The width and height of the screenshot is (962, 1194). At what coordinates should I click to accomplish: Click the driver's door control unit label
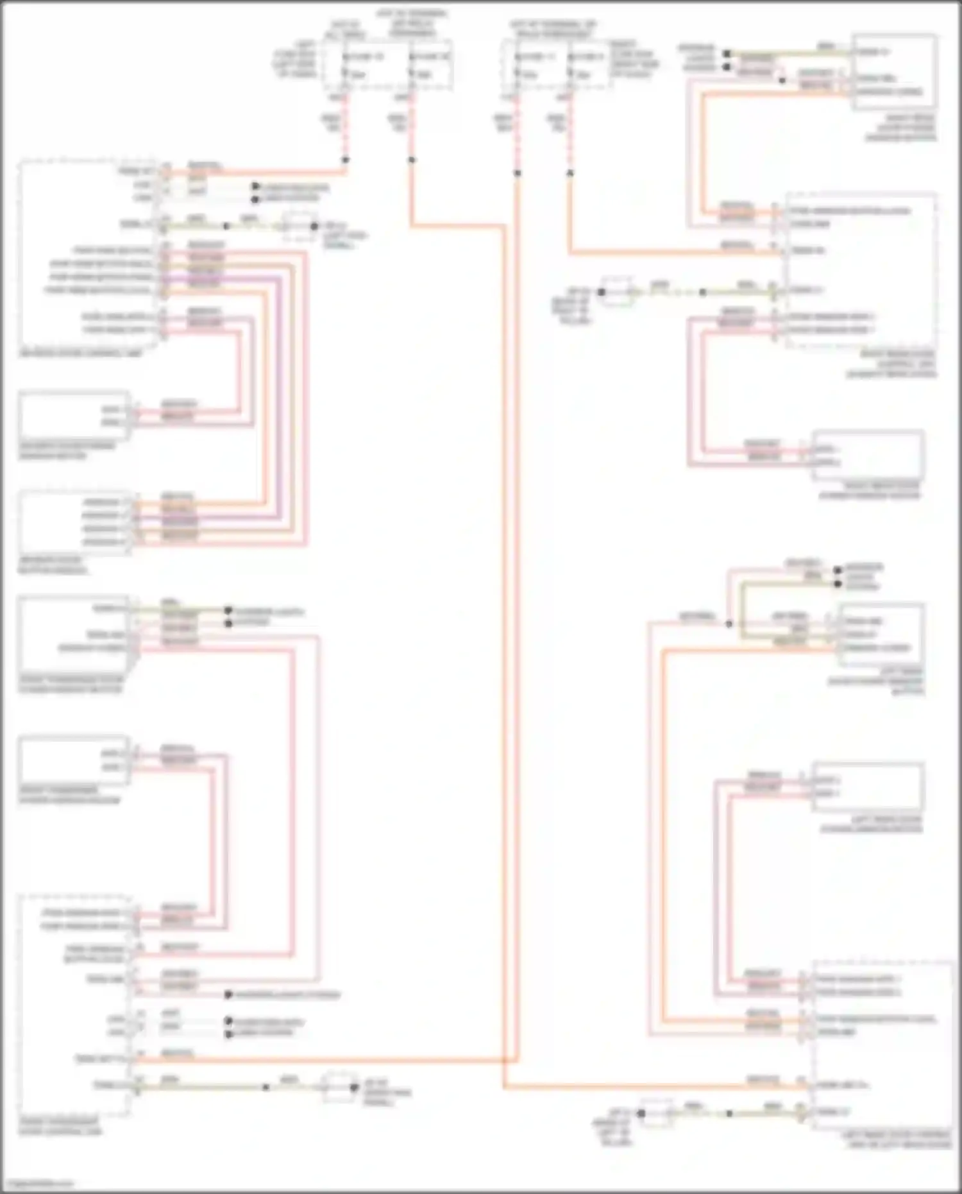pyautogui.click(x=80, y=354)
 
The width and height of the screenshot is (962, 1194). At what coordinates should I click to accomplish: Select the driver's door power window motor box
pyautogui.click(x=74, y=415)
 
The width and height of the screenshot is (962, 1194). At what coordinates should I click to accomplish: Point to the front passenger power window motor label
pyautogui.click(x=69, y=796)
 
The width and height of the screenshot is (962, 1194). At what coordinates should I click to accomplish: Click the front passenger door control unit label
pyautogui.click(x=60, y=1127)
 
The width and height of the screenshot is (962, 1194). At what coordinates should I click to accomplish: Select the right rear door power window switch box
pyautogui.click(x=894, y=72)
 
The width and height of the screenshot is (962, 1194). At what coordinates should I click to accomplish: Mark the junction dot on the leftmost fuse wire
pyautogui.click(x=345, y=160)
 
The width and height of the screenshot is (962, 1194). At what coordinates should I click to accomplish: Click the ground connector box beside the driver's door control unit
pyautogui.click(x=300, y=226)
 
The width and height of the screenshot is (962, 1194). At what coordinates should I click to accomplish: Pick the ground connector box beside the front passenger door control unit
pyautogui.click(x=339, y=1087)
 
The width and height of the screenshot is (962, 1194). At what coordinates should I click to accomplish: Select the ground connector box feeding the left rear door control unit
pyautogui.click(x=655, y=1113)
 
